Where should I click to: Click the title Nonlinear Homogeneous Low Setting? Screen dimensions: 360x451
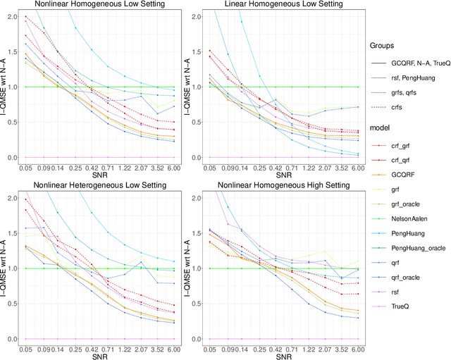(104, 5)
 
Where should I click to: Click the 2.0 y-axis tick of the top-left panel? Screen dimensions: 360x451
(12, 16)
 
